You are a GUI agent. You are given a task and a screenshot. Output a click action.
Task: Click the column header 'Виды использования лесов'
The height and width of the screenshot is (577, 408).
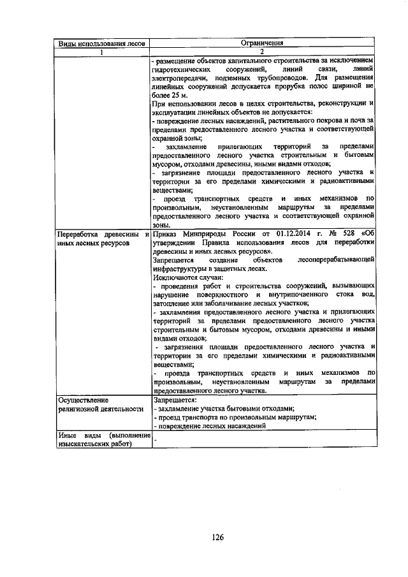(102, 44)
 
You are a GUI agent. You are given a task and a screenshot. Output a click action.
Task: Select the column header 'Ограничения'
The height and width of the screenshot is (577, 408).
(261, 44)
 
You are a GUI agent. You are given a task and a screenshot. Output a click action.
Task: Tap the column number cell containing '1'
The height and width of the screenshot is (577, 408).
(102, 52)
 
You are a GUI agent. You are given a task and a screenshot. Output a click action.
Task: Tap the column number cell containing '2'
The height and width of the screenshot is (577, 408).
(261, 52)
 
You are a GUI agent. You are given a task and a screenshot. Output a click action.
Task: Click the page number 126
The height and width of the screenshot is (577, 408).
(217, 537)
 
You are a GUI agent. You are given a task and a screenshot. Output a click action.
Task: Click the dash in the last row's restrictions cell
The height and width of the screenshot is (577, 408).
(155, 440)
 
